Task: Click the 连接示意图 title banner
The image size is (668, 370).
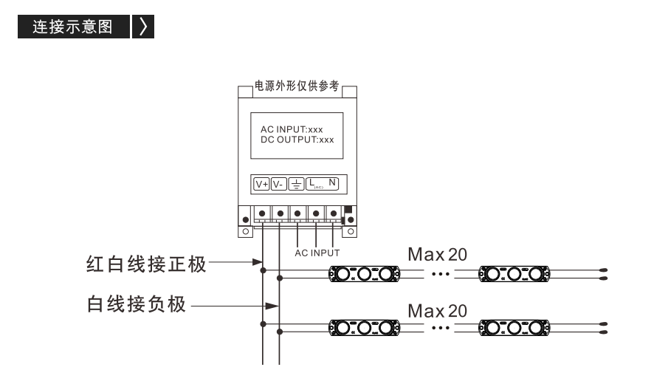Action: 74,27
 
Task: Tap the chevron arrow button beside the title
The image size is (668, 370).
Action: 143,27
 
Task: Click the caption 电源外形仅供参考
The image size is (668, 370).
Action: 297,86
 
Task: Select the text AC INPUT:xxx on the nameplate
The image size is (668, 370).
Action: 292,129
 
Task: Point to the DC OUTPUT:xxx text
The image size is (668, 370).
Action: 297,140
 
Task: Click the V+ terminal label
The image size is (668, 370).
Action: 261,184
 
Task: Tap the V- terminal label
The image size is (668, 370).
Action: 278,184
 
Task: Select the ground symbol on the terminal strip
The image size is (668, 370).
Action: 297,184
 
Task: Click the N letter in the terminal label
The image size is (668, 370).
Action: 332,182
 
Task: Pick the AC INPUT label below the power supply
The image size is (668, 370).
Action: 317,253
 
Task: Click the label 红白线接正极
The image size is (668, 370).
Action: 146,264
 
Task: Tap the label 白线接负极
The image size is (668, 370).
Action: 137,304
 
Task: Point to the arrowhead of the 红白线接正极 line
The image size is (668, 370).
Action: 258,261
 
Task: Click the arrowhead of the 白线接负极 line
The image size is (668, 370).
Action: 272,306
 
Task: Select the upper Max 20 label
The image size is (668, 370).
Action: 438,255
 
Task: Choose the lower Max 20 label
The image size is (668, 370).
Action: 438,311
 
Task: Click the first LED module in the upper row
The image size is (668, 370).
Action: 364,274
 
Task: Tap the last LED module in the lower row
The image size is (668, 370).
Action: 514,328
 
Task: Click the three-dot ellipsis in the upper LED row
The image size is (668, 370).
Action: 441,274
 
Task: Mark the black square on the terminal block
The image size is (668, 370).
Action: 348,209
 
